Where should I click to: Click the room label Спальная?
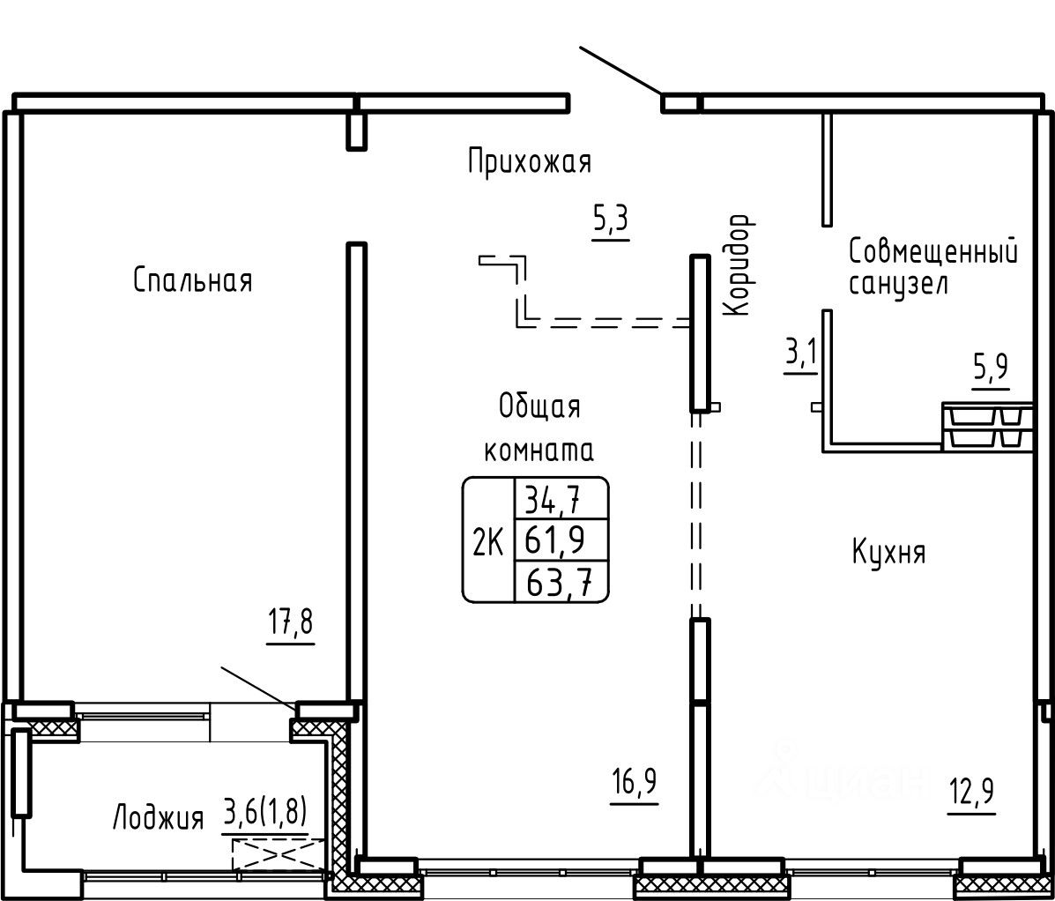[193, 280]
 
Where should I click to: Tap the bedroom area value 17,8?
[290, 623]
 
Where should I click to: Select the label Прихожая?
[530, 162]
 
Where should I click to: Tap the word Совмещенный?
[933, 251]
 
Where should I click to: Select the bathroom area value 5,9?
[991, 369]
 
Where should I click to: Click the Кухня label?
[888, 553]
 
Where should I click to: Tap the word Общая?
[539, 407]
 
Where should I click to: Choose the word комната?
[539, 450]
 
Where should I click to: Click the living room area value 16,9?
[634, 782]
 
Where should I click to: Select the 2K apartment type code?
[487, 541]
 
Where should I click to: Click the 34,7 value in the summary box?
[554, 499]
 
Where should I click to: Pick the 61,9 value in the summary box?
[554, 540]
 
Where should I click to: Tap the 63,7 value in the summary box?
[559, 581]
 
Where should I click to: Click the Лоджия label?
[158, 818]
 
